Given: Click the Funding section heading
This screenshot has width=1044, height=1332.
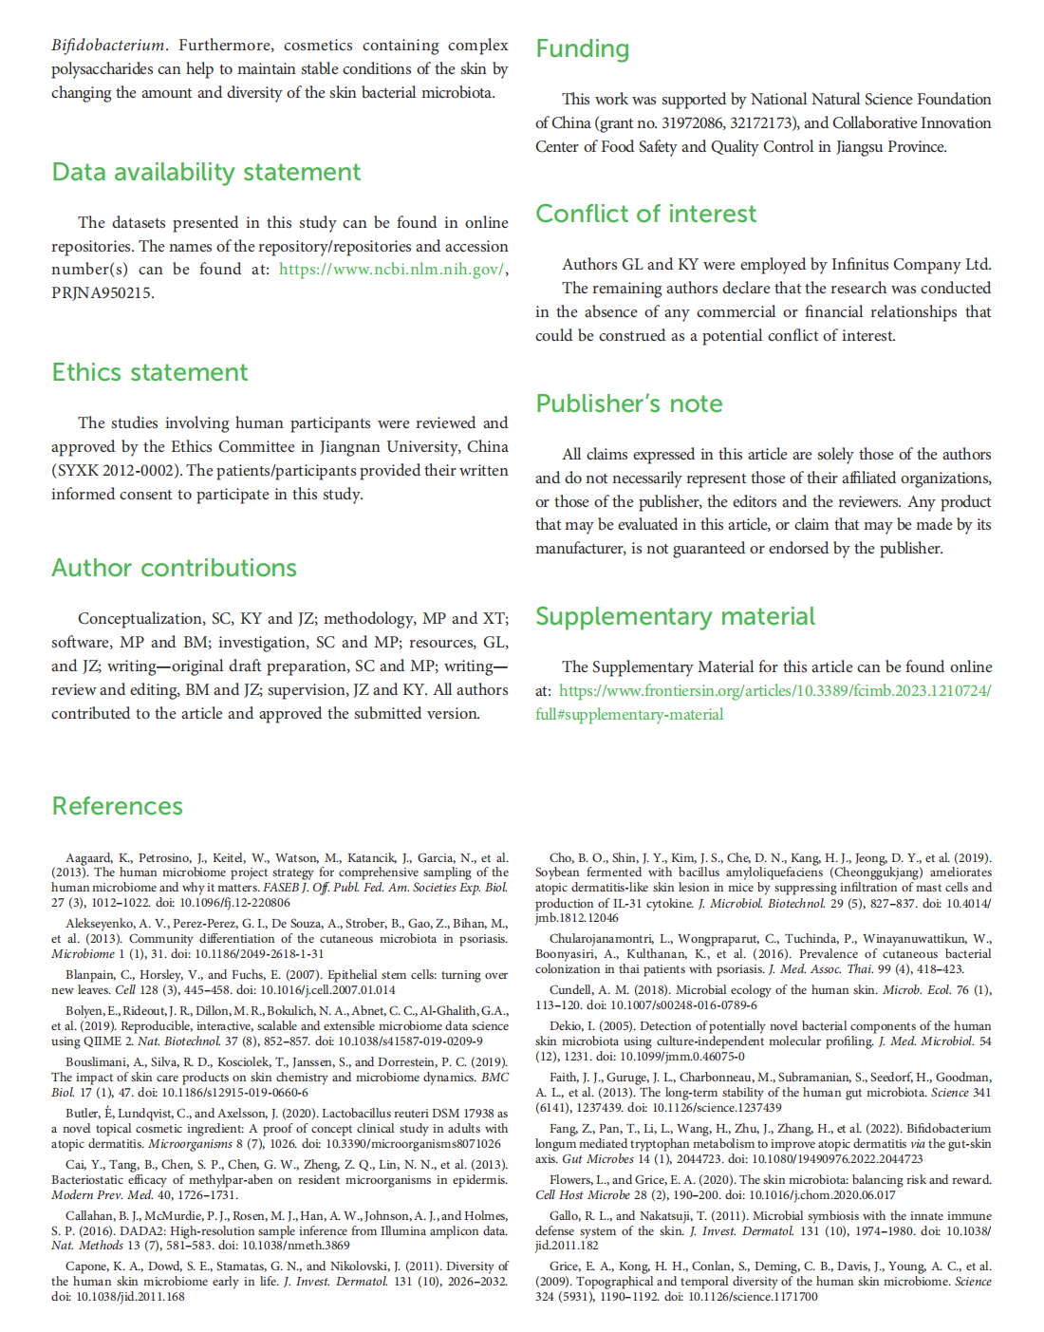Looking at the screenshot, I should (x=582, y=49).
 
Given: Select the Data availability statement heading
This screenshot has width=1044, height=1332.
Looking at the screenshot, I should (x=206, y=173).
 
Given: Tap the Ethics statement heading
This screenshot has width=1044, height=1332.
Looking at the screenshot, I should (x=150, y=373).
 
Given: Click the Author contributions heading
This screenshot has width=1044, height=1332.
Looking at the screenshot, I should (x=174, y=569).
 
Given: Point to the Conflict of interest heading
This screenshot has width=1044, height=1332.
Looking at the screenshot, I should (x=645, y=215).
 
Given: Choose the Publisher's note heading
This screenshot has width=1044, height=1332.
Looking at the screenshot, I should (x=628, y=404).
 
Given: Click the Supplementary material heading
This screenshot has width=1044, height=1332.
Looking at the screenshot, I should (x=675, y=617).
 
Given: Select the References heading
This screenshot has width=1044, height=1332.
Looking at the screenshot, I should (x=117, y=807).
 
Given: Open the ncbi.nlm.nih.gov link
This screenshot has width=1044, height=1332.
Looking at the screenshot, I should (x=391, y=270).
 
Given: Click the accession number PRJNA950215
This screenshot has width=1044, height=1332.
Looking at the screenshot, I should (x=102, y=293).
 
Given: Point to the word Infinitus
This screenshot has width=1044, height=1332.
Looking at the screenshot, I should (x=866, y=265).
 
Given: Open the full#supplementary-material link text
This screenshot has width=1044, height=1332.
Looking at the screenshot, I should (x=628, y=715).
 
